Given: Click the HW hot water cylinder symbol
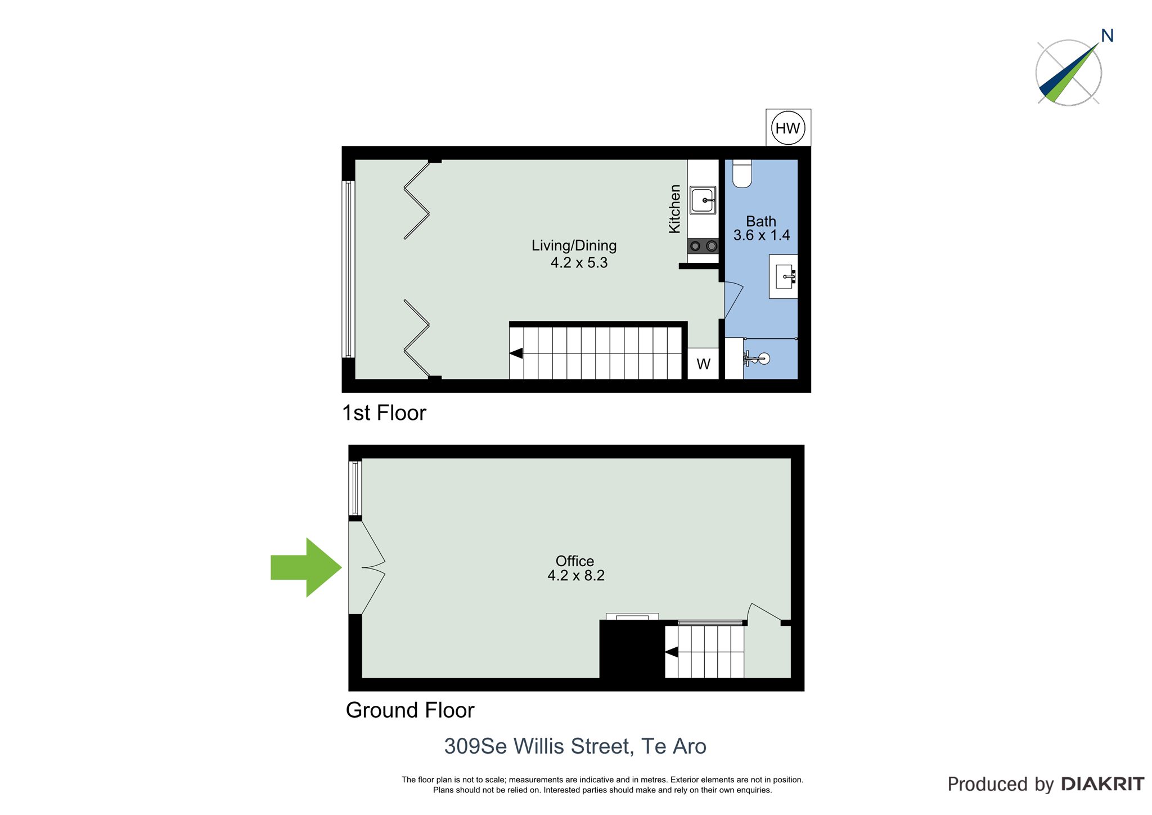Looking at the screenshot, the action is [x=788, y=128].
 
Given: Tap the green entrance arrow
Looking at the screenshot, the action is [x=306, y=567].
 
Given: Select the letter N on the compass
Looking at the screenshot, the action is [x=1107, y=36].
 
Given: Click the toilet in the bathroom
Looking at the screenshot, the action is [x=742, y=173].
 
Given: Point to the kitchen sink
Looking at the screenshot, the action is [x=703, y=200].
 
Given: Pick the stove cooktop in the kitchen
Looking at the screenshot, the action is [x=703, y=246].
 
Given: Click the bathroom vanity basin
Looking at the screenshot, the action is [x=784, y=276].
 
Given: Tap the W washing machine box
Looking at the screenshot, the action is [x=703, y=364].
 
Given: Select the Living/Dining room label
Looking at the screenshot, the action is [x=574, y=245].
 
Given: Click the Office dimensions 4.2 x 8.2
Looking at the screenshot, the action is [x=576, y=575].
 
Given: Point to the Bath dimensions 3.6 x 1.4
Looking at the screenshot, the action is [x=762, y=235].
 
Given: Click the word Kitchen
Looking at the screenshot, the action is [x=674, y=209].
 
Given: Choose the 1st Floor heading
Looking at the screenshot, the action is [x=384, y=413].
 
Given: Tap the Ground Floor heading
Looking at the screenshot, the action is [x=410, y=710].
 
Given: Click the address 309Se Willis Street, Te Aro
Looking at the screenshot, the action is [x=575, y=746].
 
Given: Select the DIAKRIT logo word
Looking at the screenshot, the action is [x=1102, y=784].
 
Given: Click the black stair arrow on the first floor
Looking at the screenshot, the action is [x=516, y=353].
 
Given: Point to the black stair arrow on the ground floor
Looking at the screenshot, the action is [x=672, y=652].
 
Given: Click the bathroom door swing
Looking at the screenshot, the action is [x=733, y=299].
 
